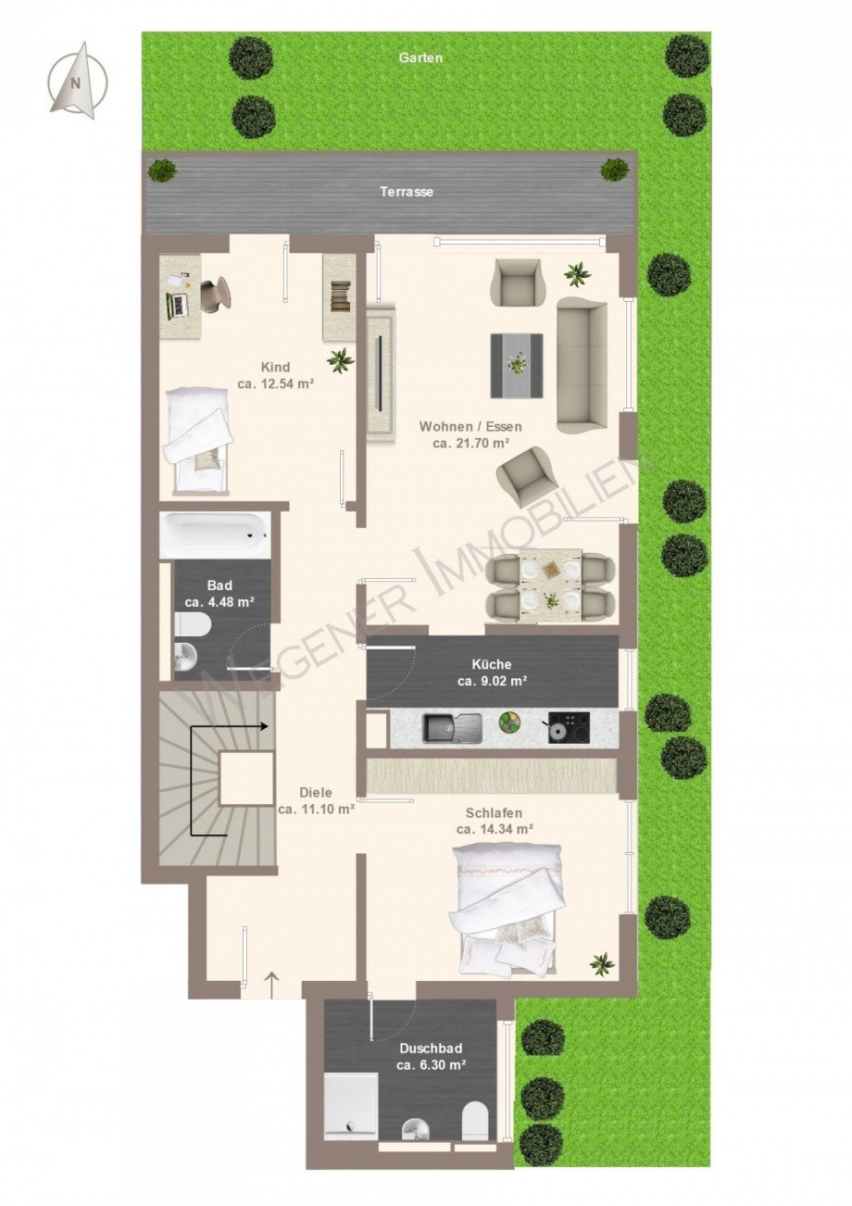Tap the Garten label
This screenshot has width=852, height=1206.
420,57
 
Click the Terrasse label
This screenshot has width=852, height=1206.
407,192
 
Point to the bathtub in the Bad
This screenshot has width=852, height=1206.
214,535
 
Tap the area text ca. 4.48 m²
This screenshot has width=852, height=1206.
219,602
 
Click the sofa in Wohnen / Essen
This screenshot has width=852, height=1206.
581,365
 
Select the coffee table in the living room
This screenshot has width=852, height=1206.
517,365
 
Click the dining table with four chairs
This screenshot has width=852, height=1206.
551,585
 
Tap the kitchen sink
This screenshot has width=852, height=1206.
451,727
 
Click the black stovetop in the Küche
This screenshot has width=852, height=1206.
568,726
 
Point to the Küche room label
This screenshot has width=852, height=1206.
491,664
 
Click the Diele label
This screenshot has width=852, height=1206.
316,793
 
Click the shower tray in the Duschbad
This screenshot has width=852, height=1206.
351,1105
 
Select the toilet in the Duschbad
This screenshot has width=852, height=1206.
474,1121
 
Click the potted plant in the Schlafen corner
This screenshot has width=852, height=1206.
602,964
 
